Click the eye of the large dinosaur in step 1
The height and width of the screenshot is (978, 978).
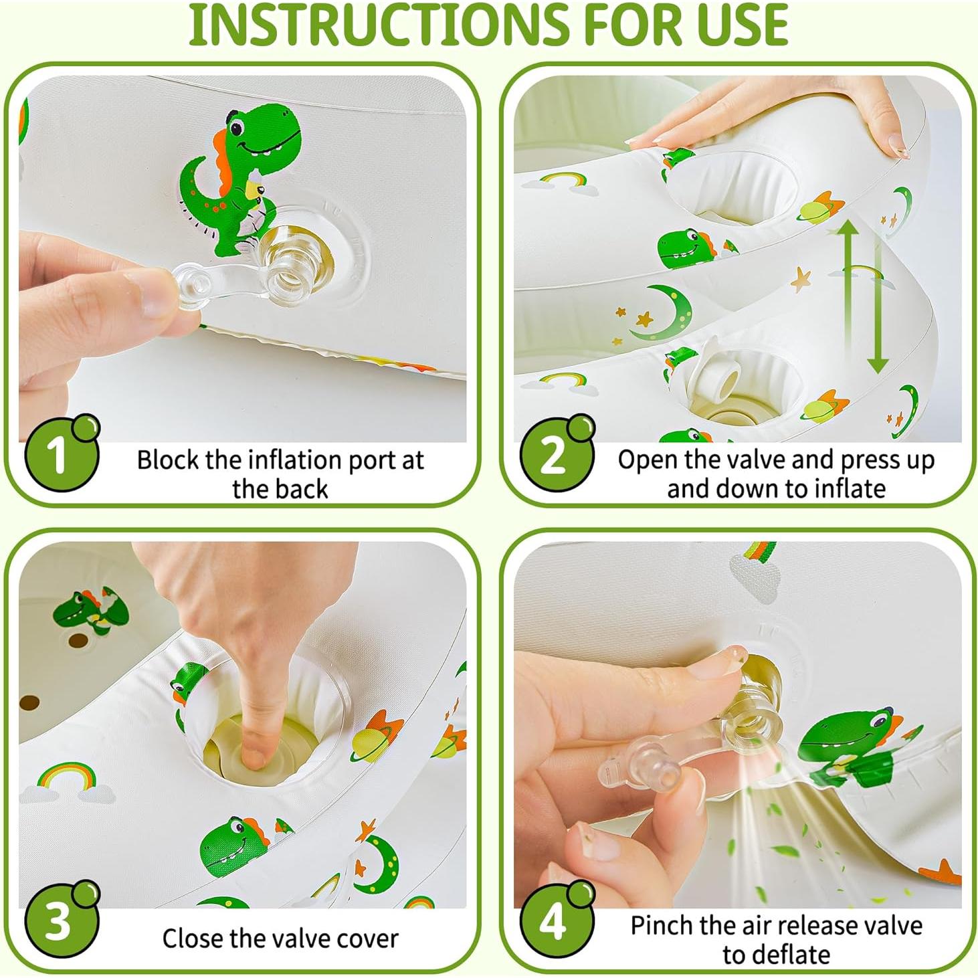237,127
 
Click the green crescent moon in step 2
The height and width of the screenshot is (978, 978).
660,312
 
